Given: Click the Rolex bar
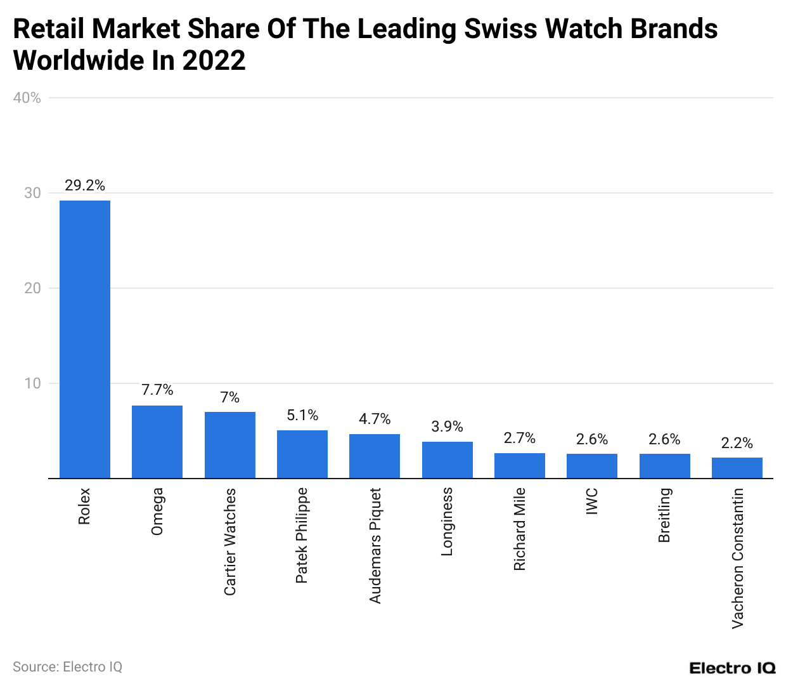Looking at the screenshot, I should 85,339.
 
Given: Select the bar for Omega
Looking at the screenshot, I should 157,442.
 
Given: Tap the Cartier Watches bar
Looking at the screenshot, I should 229,445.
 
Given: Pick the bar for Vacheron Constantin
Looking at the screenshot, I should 737,468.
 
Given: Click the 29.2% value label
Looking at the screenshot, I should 85,185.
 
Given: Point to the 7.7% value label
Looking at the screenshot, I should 157,390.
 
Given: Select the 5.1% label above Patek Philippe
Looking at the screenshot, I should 302,415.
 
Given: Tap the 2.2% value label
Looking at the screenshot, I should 737,443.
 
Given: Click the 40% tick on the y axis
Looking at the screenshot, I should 27,98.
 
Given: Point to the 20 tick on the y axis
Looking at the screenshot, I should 32,288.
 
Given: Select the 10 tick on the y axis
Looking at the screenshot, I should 32,383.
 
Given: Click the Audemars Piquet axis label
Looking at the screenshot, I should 375,545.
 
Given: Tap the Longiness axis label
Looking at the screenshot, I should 448,522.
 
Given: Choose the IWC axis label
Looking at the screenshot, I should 592,501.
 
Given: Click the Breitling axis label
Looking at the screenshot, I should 664,515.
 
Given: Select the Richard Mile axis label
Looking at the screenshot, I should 520,529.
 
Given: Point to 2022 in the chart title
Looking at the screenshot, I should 213,61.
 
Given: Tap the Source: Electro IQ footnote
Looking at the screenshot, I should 67,667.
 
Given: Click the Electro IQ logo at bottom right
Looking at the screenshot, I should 732,668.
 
